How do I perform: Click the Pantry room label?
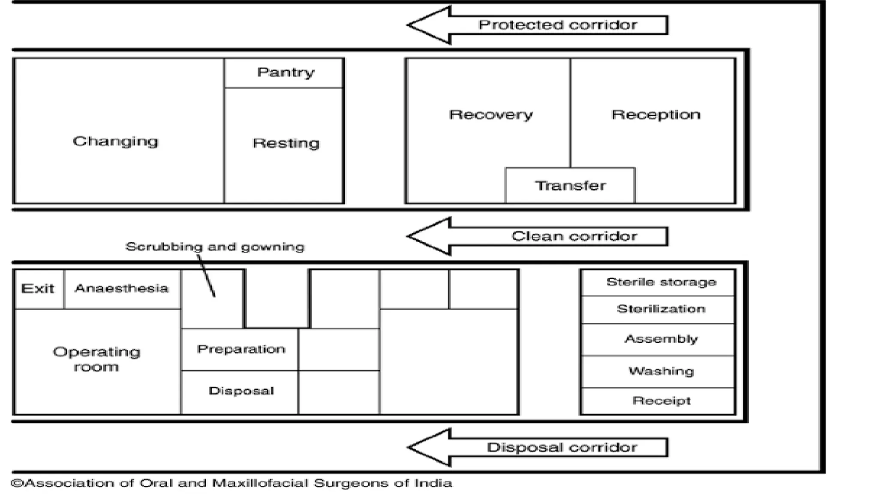click(286, 72)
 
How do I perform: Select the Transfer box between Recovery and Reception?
click(570, 186)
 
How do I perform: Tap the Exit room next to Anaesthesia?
click(38, 289)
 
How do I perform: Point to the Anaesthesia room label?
click(121, 288)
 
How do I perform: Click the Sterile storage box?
click(661, 282)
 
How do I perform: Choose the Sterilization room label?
click(661, 309)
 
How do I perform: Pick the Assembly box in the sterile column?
click(661, 339)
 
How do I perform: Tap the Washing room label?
click(661, 371)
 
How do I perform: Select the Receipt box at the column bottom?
click(661, 401)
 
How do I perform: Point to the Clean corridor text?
click(574, 236)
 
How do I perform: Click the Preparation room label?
click(241, 349)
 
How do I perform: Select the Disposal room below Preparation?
click(241, 391)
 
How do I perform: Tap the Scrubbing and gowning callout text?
click(215, 247)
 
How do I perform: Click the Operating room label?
click(96, 359)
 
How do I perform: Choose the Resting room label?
click(286, 143)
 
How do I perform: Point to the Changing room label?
click(115, 141)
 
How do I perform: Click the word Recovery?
click(491, 114)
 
